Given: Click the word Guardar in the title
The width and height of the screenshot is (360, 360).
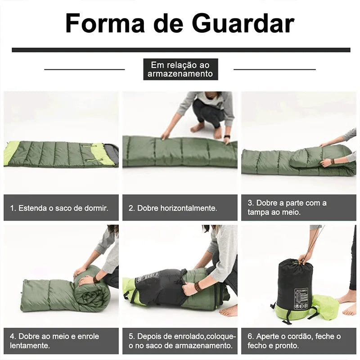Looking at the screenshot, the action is (x=243, y=23).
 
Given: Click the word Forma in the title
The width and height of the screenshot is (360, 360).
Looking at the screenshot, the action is (x=105, y=23).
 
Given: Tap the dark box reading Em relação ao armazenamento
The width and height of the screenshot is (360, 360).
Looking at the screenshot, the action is (x=180, y=69).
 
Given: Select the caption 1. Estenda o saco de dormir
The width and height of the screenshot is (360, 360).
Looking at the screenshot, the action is (x=59, y=208).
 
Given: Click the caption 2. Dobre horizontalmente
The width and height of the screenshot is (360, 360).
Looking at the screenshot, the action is (x=173, y=208).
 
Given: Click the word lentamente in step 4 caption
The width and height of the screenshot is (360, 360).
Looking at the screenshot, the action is (x=30, y=346).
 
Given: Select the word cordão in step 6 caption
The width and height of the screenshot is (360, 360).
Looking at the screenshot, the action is (x=300, y=336).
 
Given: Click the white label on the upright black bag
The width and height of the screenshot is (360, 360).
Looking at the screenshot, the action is (x=301, y=298).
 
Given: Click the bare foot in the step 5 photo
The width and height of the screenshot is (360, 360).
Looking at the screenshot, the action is (x=228, y=310).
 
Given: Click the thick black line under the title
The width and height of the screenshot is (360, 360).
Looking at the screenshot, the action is (x=181, y=50).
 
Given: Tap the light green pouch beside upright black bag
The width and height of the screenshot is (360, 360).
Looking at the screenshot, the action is (x=325, y=307).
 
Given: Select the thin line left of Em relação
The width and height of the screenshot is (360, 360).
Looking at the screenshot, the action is (x=85, y=69).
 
